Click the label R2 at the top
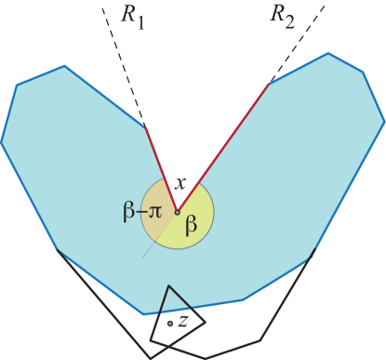(281, 15)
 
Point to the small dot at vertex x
(177, 213)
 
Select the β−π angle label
(141, 212)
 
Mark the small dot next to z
(169, 323)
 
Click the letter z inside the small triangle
(183, 321)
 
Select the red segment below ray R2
(223, 148)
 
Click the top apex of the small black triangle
(167, 287)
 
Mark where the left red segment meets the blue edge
(144, 126)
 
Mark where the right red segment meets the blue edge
(270, 85)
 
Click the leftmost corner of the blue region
(2, 141)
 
